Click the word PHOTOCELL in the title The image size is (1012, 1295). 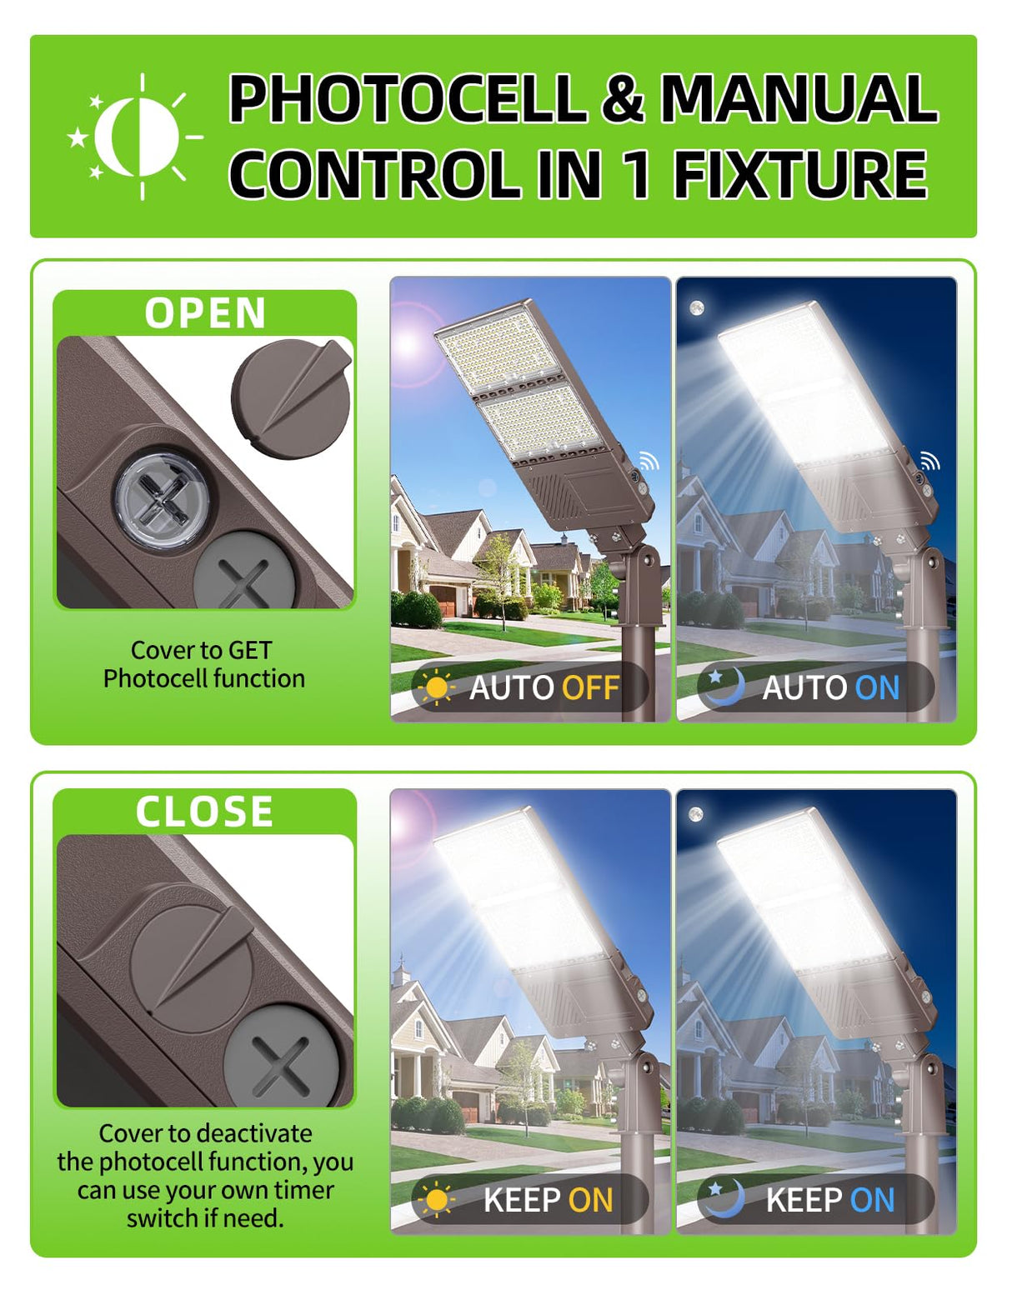point(408,99)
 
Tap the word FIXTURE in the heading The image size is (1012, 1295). point(800,174)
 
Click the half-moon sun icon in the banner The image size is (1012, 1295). point(136,137)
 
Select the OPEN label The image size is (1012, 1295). point(205,313)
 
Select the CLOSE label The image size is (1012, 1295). point(205,812)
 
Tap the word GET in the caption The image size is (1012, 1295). point(250,650)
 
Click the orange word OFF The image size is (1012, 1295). point(590,688)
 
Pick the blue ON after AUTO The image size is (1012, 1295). point(877,688)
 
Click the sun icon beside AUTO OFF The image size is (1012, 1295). point(435,688)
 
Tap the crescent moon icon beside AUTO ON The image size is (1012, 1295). point(723,687)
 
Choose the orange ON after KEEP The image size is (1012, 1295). point(590,1200)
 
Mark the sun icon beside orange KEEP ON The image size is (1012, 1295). point(435,1200)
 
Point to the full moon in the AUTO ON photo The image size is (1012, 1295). point(697,308)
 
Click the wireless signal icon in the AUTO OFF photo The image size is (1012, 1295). point(649,460)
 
